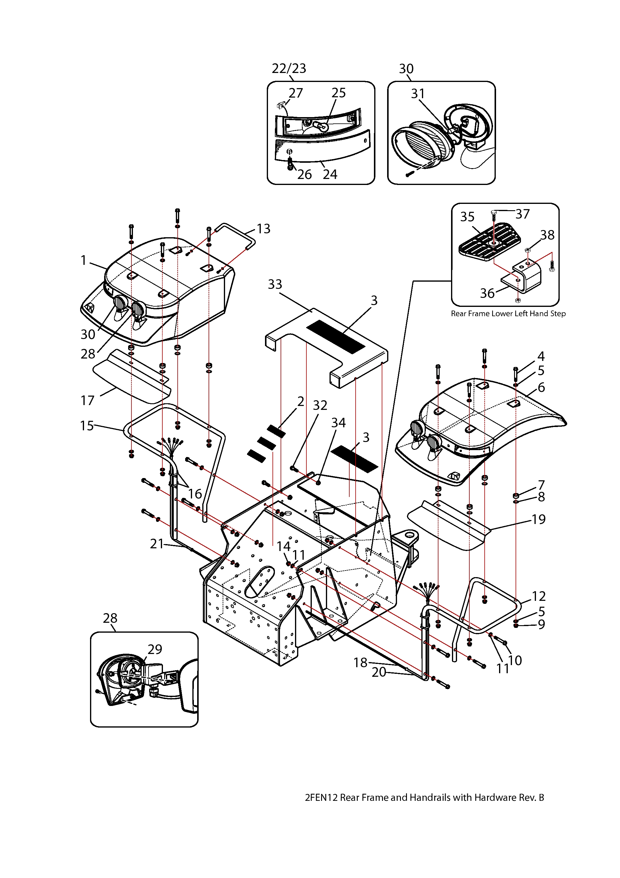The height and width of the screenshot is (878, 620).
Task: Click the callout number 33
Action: pos(275,284)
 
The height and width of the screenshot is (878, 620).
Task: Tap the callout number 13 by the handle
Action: pos(263,229)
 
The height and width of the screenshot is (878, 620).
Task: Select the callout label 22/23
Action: pos(289,68)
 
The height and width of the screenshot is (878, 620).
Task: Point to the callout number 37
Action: pos(522,214)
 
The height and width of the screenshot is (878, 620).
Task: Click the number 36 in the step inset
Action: pos(487,293)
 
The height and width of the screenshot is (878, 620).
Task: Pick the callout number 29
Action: pos(155,649)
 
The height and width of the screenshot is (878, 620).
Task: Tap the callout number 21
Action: pos(157,544)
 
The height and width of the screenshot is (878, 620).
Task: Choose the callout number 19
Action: pos(539,519)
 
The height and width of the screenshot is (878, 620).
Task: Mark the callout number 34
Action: pos(338,422)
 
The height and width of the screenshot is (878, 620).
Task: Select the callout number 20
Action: pos(379,672)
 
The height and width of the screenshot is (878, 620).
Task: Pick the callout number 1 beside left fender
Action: pos(84,260)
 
